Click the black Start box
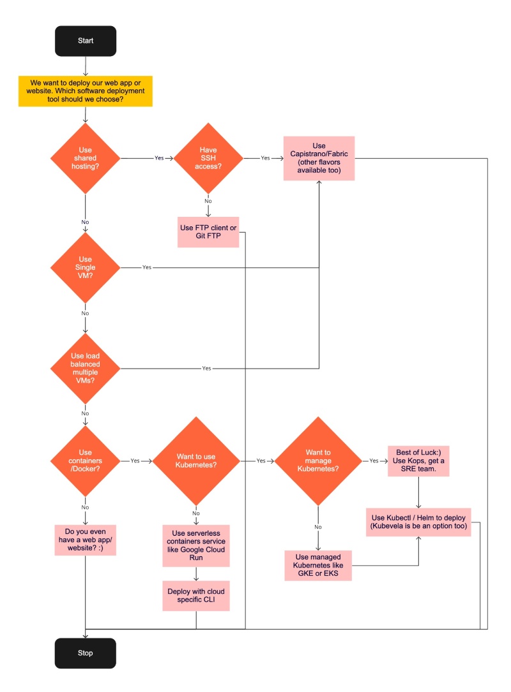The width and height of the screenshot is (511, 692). click(x=85, y=40)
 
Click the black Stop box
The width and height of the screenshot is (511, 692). click(x=85, y=653)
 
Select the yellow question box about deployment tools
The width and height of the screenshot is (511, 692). click(x=85, y=91)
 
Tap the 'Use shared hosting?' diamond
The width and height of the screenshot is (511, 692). click(x=85, y=157)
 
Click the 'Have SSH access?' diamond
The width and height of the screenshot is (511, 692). click(x=208, y=157)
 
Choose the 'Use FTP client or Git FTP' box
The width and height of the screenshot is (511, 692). click(x=208, y=232)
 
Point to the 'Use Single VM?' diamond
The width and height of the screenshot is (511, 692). click(x=85, y=267)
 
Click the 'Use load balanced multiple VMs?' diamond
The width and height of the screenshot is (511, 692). click(x=85, y=368)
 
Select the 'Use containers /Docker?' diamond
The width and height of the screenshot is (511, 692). click(x=85, y=460)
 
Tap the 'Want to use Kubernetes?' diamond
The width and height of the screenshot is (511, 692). click(x=196, y=460)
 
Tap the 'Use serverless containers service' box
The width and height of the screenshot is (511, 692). click(x=196, y=546)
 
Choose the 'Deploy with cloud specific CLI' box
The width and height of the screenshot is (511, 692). click(x=196, y=596)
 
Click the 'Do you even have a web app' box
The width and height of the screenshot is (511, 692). click(x=85, y=540)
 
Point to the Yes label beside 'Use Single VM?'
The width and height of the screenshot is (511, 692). click(x=147, y=267)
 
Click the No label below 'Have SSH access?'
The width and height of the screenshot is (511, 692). click(x=208, y=201)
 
